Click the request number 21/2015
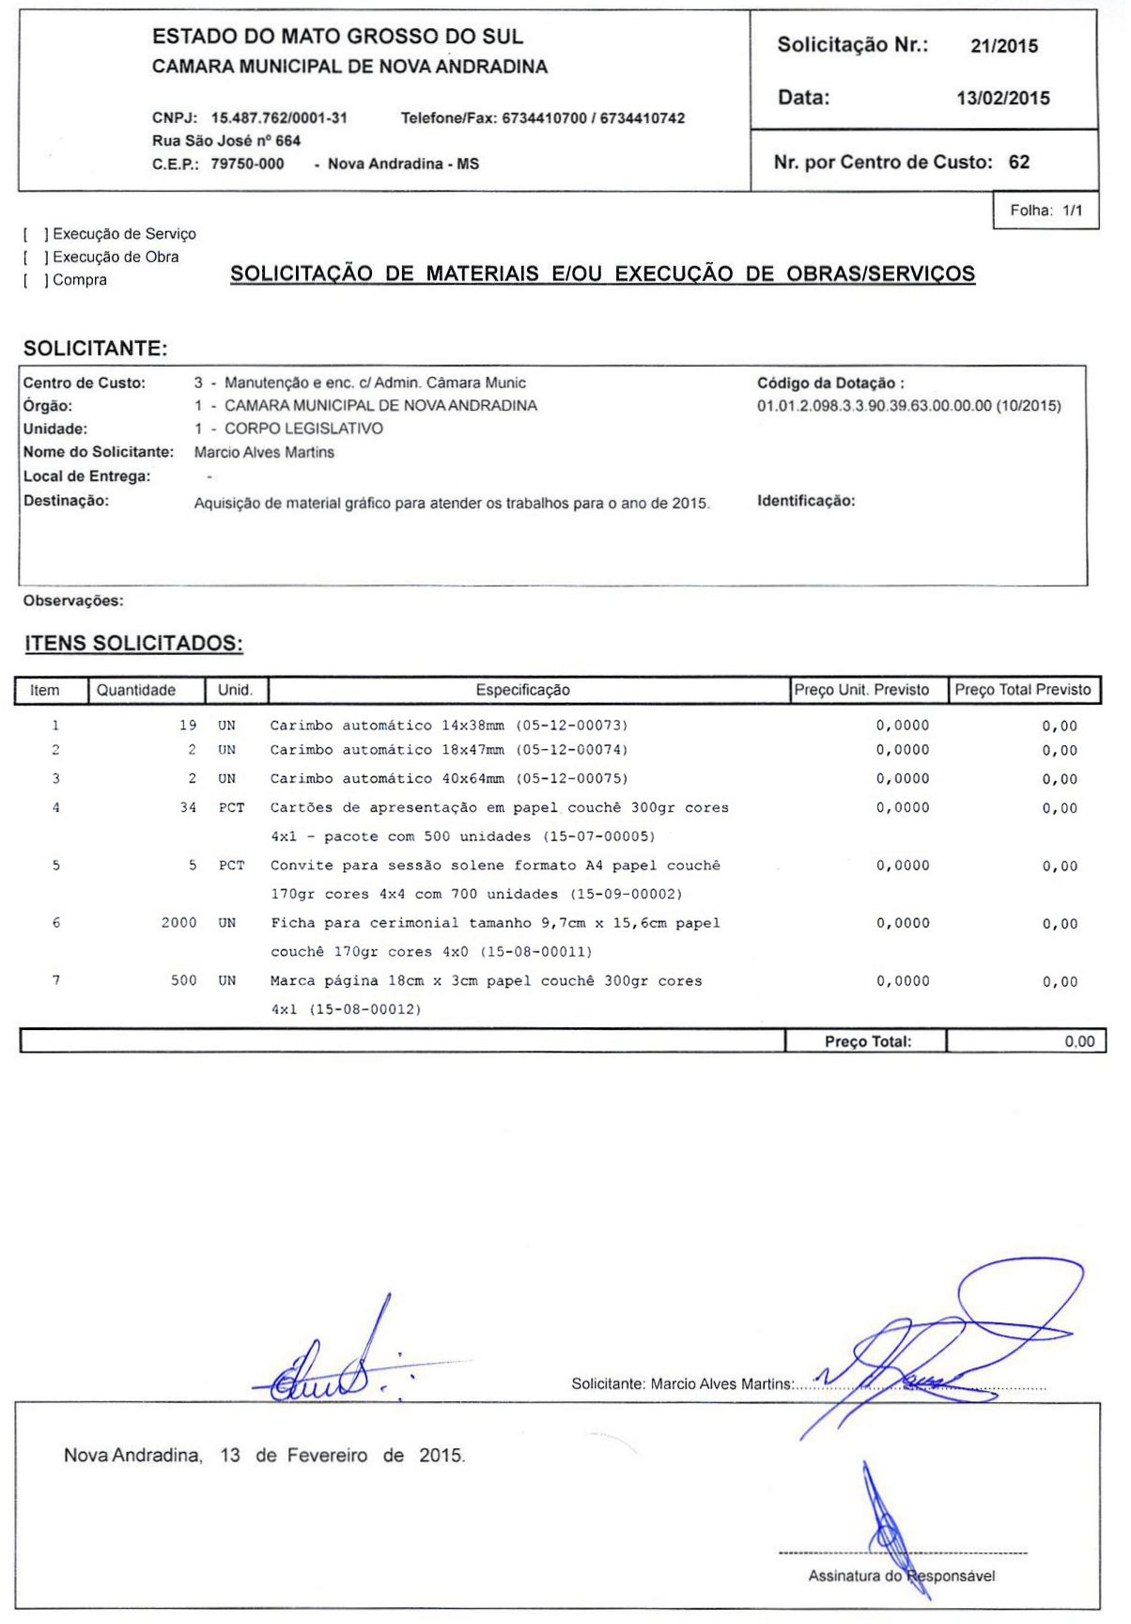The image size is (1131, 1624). point(1003,46)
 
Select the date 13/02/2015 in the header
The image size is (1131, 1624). point(1002,99)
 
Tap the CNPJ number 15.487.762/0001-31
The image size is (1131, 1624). point(279,118)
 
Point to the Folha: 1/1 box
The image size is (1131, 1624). point(1046,211)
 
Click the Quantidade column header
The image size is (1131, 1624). point(136,691)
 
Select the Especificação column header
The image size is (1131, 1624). point(522,691)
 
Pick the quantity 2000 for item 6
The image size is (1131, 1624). point(178,924)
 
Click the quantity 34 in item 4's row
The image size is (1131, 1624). point(188,808)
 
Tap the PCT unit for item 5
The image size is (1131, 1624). point(231,866)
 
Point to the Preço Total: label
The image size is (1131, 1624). point(867,1041)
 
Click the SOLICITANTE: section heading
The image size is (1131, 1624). point(96,349)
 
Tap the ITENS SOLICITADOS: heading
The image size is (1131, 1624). point(133,644)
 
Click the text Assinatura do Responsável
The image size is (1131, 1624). point(901,1576)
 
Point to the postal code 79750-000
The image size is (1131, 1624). point(247,164)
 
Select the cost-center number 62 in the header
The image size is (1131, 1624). point(1018,163)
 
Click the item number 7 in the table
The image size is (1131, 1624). point(56,981)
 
